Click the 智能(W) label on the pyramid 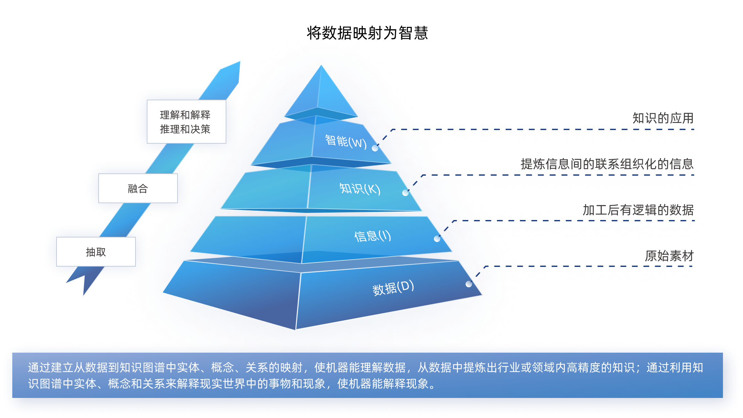(345, 141)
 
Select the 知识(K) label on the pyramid (360, 188)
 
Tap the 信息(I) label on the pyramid (372, 236)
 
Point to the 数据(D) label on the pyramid (393, 288)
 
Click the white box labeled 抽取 (96, 252)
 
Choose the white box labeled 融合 (138, 188)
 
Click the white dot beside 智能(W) (375, 148)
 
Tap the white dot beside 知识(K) (405, 193)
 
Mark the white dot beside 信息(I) (437, 239)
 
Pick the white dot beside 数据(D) (468, 284)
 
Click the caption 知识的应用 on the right (663, 117)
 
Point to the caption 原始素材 (669, 256)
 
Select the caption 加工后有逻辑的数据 (638, 209)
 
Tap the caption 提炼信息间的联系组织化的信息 (607, 163)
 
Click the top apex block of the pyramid (321, 94)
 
